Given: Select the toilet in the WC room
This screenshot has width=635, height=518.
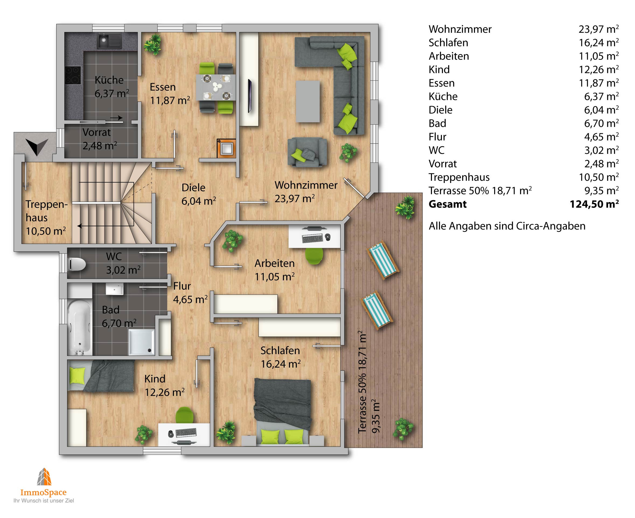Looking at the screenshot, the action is click(77, 264).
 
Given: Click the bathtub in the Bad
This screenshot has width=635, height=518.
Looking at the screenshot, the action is click(79, 327).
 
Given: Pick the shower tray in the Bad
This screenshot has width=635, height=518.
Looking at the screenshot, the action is click(141, 342).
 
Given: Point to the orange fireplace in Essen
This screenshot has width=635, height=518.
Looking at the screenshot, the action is click(226, 148).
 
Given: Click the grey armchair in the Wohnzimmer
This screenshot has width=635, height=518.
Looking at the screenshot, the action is click(307, 151).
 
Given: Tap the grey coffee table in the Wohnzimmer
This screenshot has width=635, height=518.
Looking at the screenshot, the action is click(308, 101).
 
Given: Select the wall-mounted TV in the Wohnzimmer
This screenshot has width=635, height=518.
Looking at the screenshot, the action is click(250, 96).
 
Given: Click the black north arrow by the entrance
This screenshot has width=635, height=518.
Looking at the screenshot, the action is click(37, 146).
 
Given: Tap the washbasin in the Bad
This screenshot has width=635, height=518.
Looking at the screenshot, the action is click(115, 289).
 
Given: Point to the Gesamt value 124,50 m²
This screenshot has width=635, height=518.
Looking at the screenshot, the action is click(594, 204).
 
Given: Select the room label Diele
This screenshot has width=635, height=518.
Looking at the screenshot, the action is click(193, 188).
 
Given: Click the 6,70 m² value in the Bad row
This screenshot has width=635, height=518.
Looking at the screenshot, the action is click(601, 123).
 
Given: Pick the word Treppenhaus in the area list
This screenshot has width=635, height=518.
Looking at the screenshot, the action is click(459, 177).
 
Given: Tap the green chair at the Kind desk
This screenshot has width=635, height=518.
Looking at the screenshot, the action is click(184, 415).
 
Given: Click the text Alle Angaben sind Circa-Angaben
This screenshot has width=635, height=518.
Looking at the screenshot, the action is click(507, 226).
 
